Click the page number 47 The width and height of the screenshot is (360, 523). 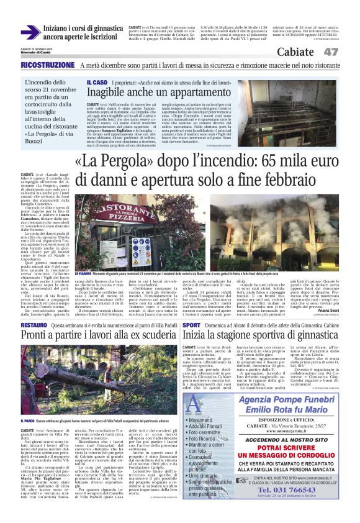click(330, 52)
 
